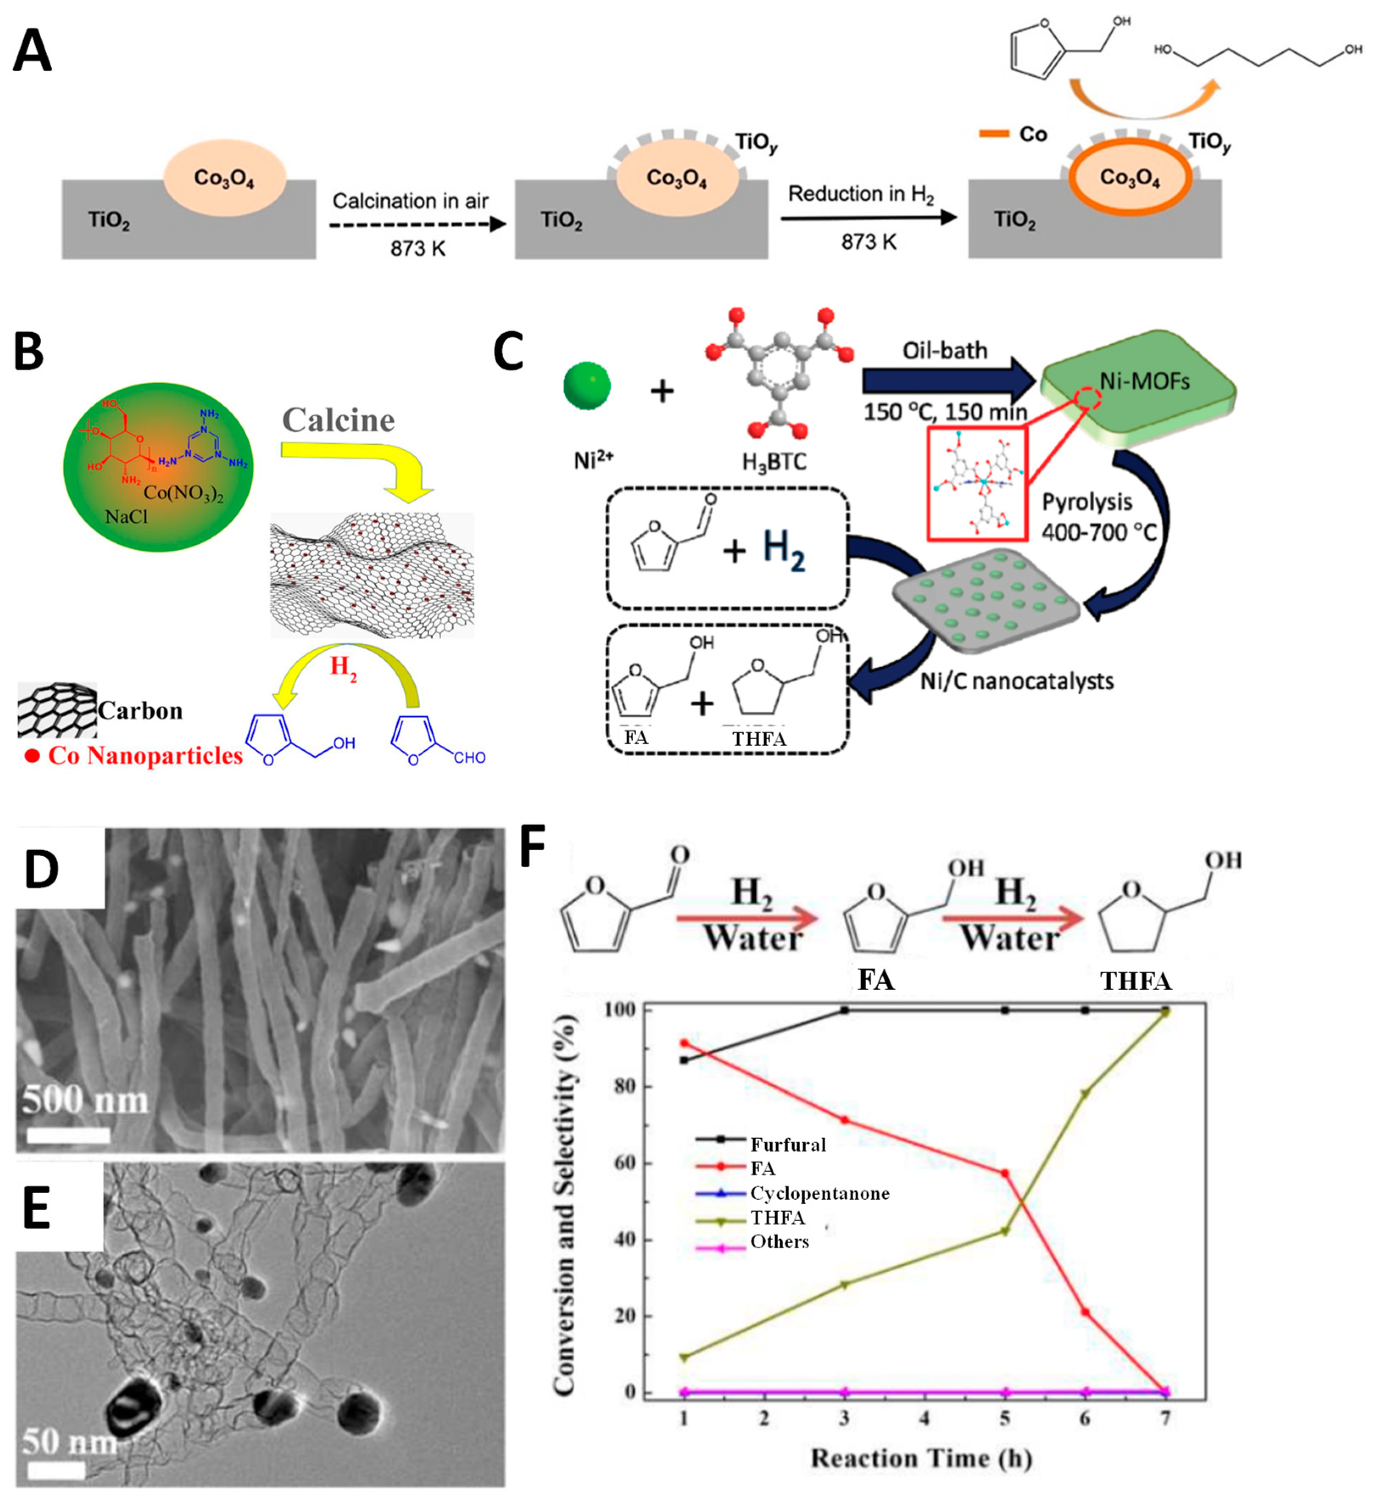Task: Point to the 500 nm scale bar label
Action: [84, 1101]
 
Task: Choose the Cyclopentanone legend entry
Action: [819, 1193]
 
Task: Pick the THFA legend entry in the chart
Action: [777, 1218]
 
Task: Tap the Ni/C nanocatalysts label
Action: [1016, 680]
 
